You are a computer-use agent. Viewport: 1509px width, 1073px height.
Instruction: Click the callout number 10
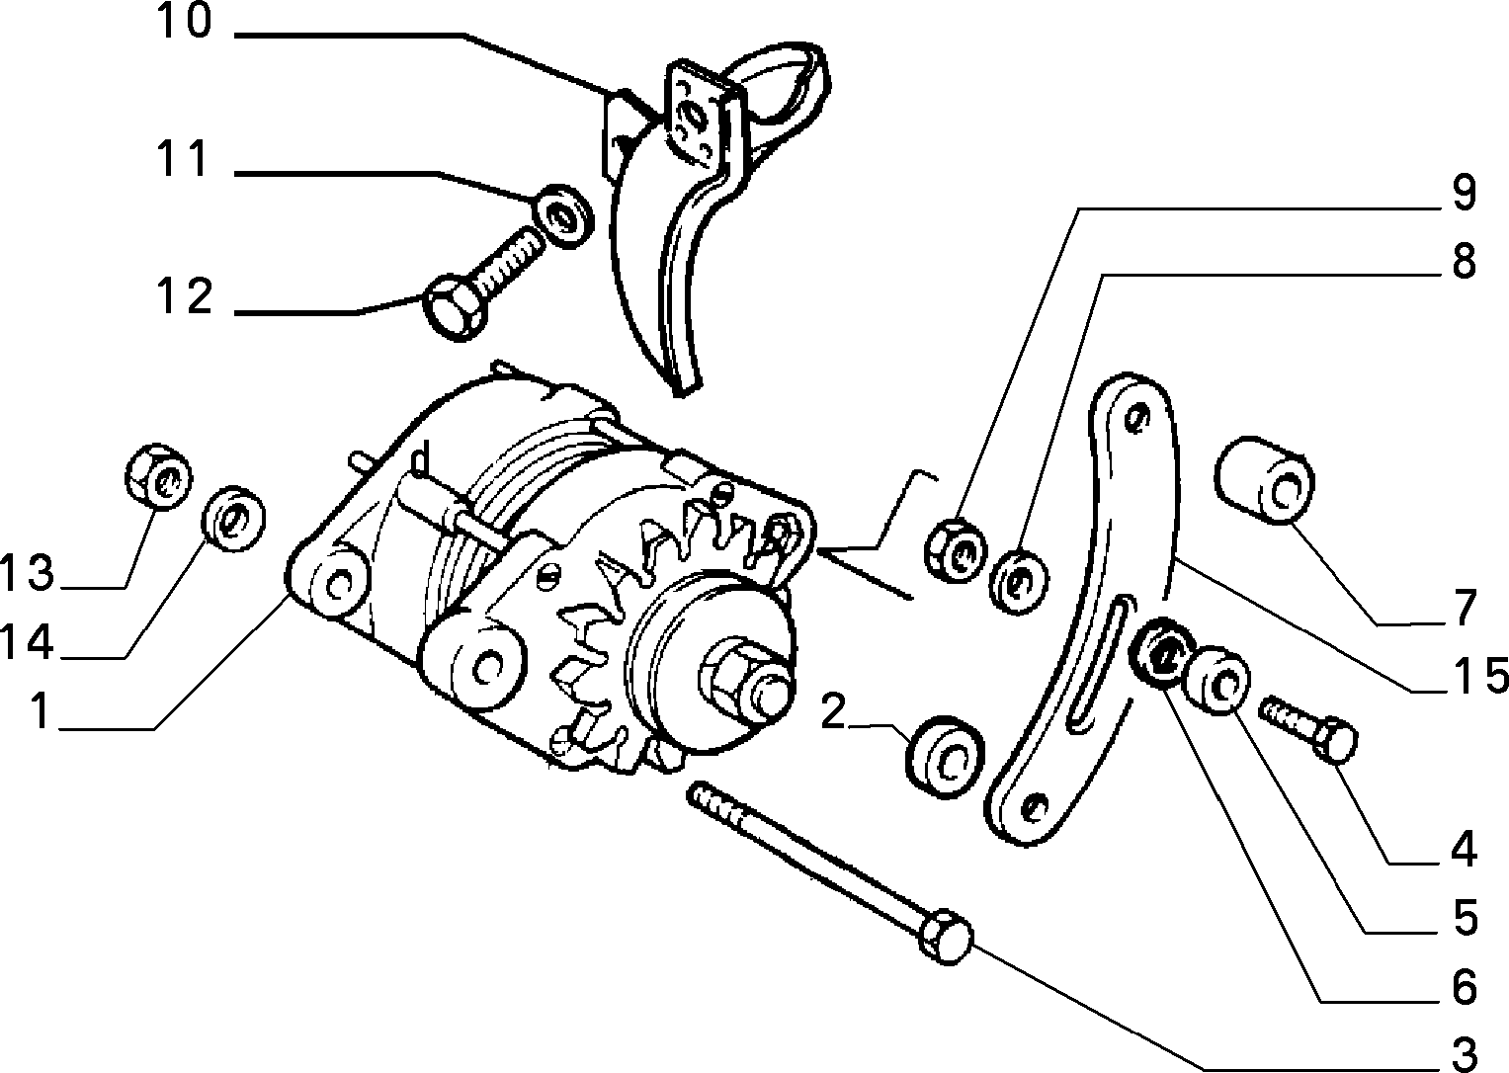pyautogui.click(x=184, y=21)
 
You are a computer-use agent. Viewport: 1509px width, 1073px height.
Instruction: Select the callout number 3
pyautogui.click(x=1465, y=1053)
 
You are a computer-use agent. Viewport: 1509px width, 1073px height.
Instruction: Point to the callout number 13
pyautogui.click(x=27, y=572)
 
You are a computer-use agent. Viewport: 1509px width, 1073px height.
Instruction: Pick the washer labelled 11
pyautogui.click(x=563, y=215)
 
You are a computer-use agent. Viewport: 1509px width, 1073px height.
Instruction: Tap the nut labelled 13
pyautogui.click(x=159, y=477)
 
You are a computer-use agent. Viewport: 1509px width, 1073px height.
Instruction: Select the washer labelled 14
pyautogui.click(x=234, y=520)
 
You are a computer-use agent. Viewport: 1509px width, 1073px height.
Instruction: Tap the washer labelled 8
pyautogui.click(x=1018, y=582)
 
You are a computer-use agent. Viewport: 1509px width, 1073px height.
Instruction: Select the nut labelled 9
pyautogui.click(x=956, y=549)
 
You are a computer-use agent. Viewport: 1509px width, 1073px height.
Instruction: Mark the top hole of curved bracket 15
pyautogui.click(x=1137, y=418)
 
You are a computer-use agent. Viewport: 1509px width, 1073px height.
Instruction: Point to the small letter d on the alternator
pyautogui.click(x=420, y=462)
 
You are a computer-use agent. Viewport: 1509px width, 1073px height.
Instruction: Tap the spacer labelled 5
pyautogui.click(x=1216, y=681)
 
